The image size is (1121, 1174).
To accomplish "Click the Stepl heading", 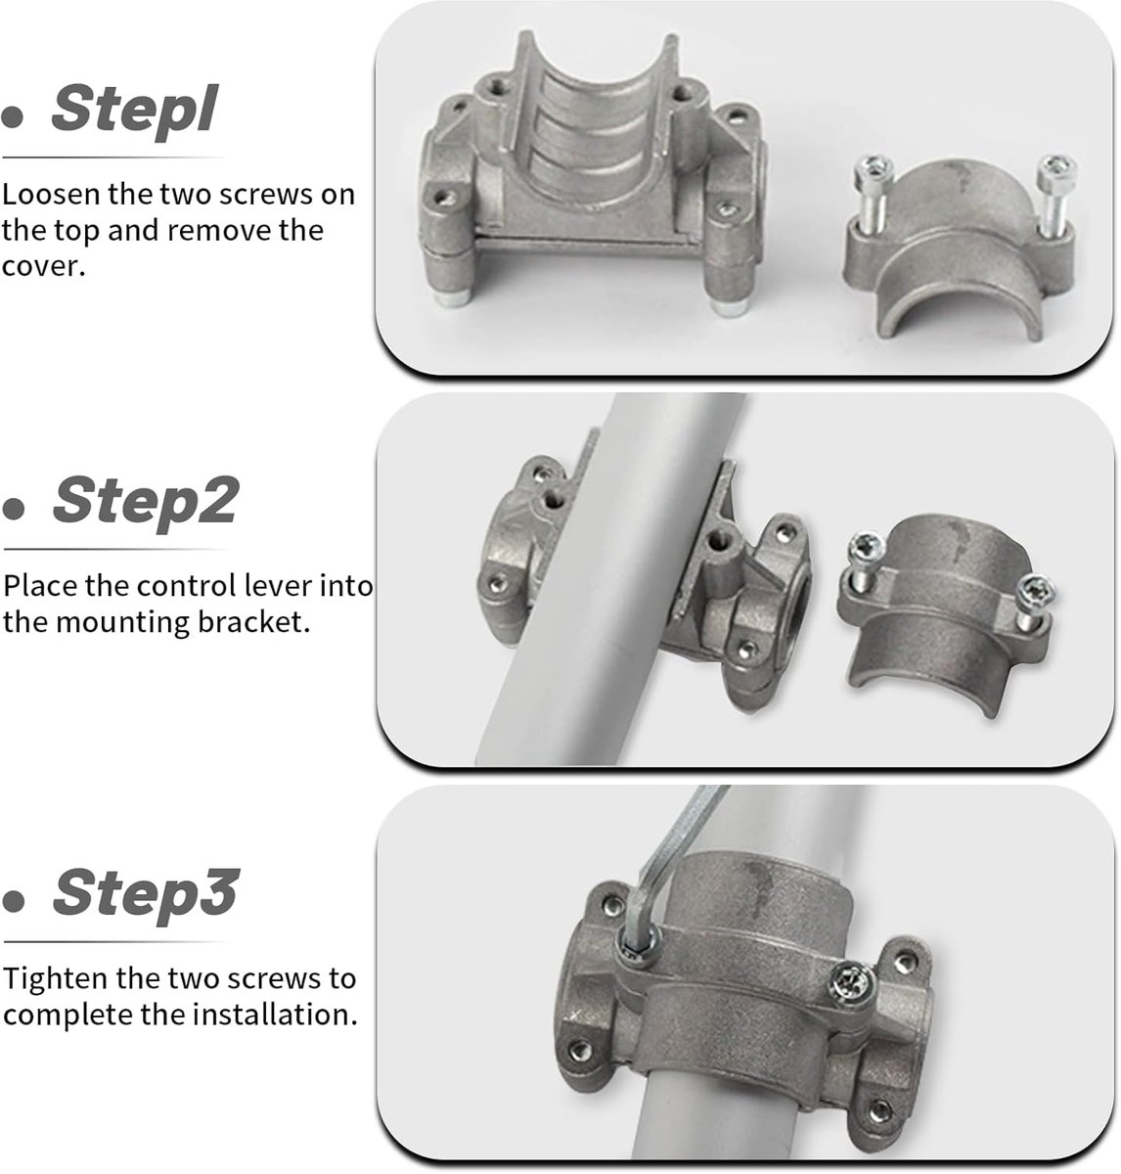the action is tap(134, 110).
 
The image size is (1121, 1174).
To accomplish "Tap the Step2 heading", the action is tap(146, 502).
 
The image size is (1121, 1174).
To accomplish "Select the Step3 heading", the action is tap(146, 893).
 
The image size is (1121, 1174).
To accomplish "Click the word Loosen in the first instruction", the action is tap(53, 195).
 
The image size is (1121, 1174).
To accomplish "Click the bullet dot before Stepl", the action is tap(12, 117).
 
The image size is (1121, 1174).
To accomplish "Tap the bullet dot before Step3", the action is tap(14, 901).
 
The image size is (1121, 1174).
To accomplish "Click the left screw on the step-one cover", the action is tap(873, 193).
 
